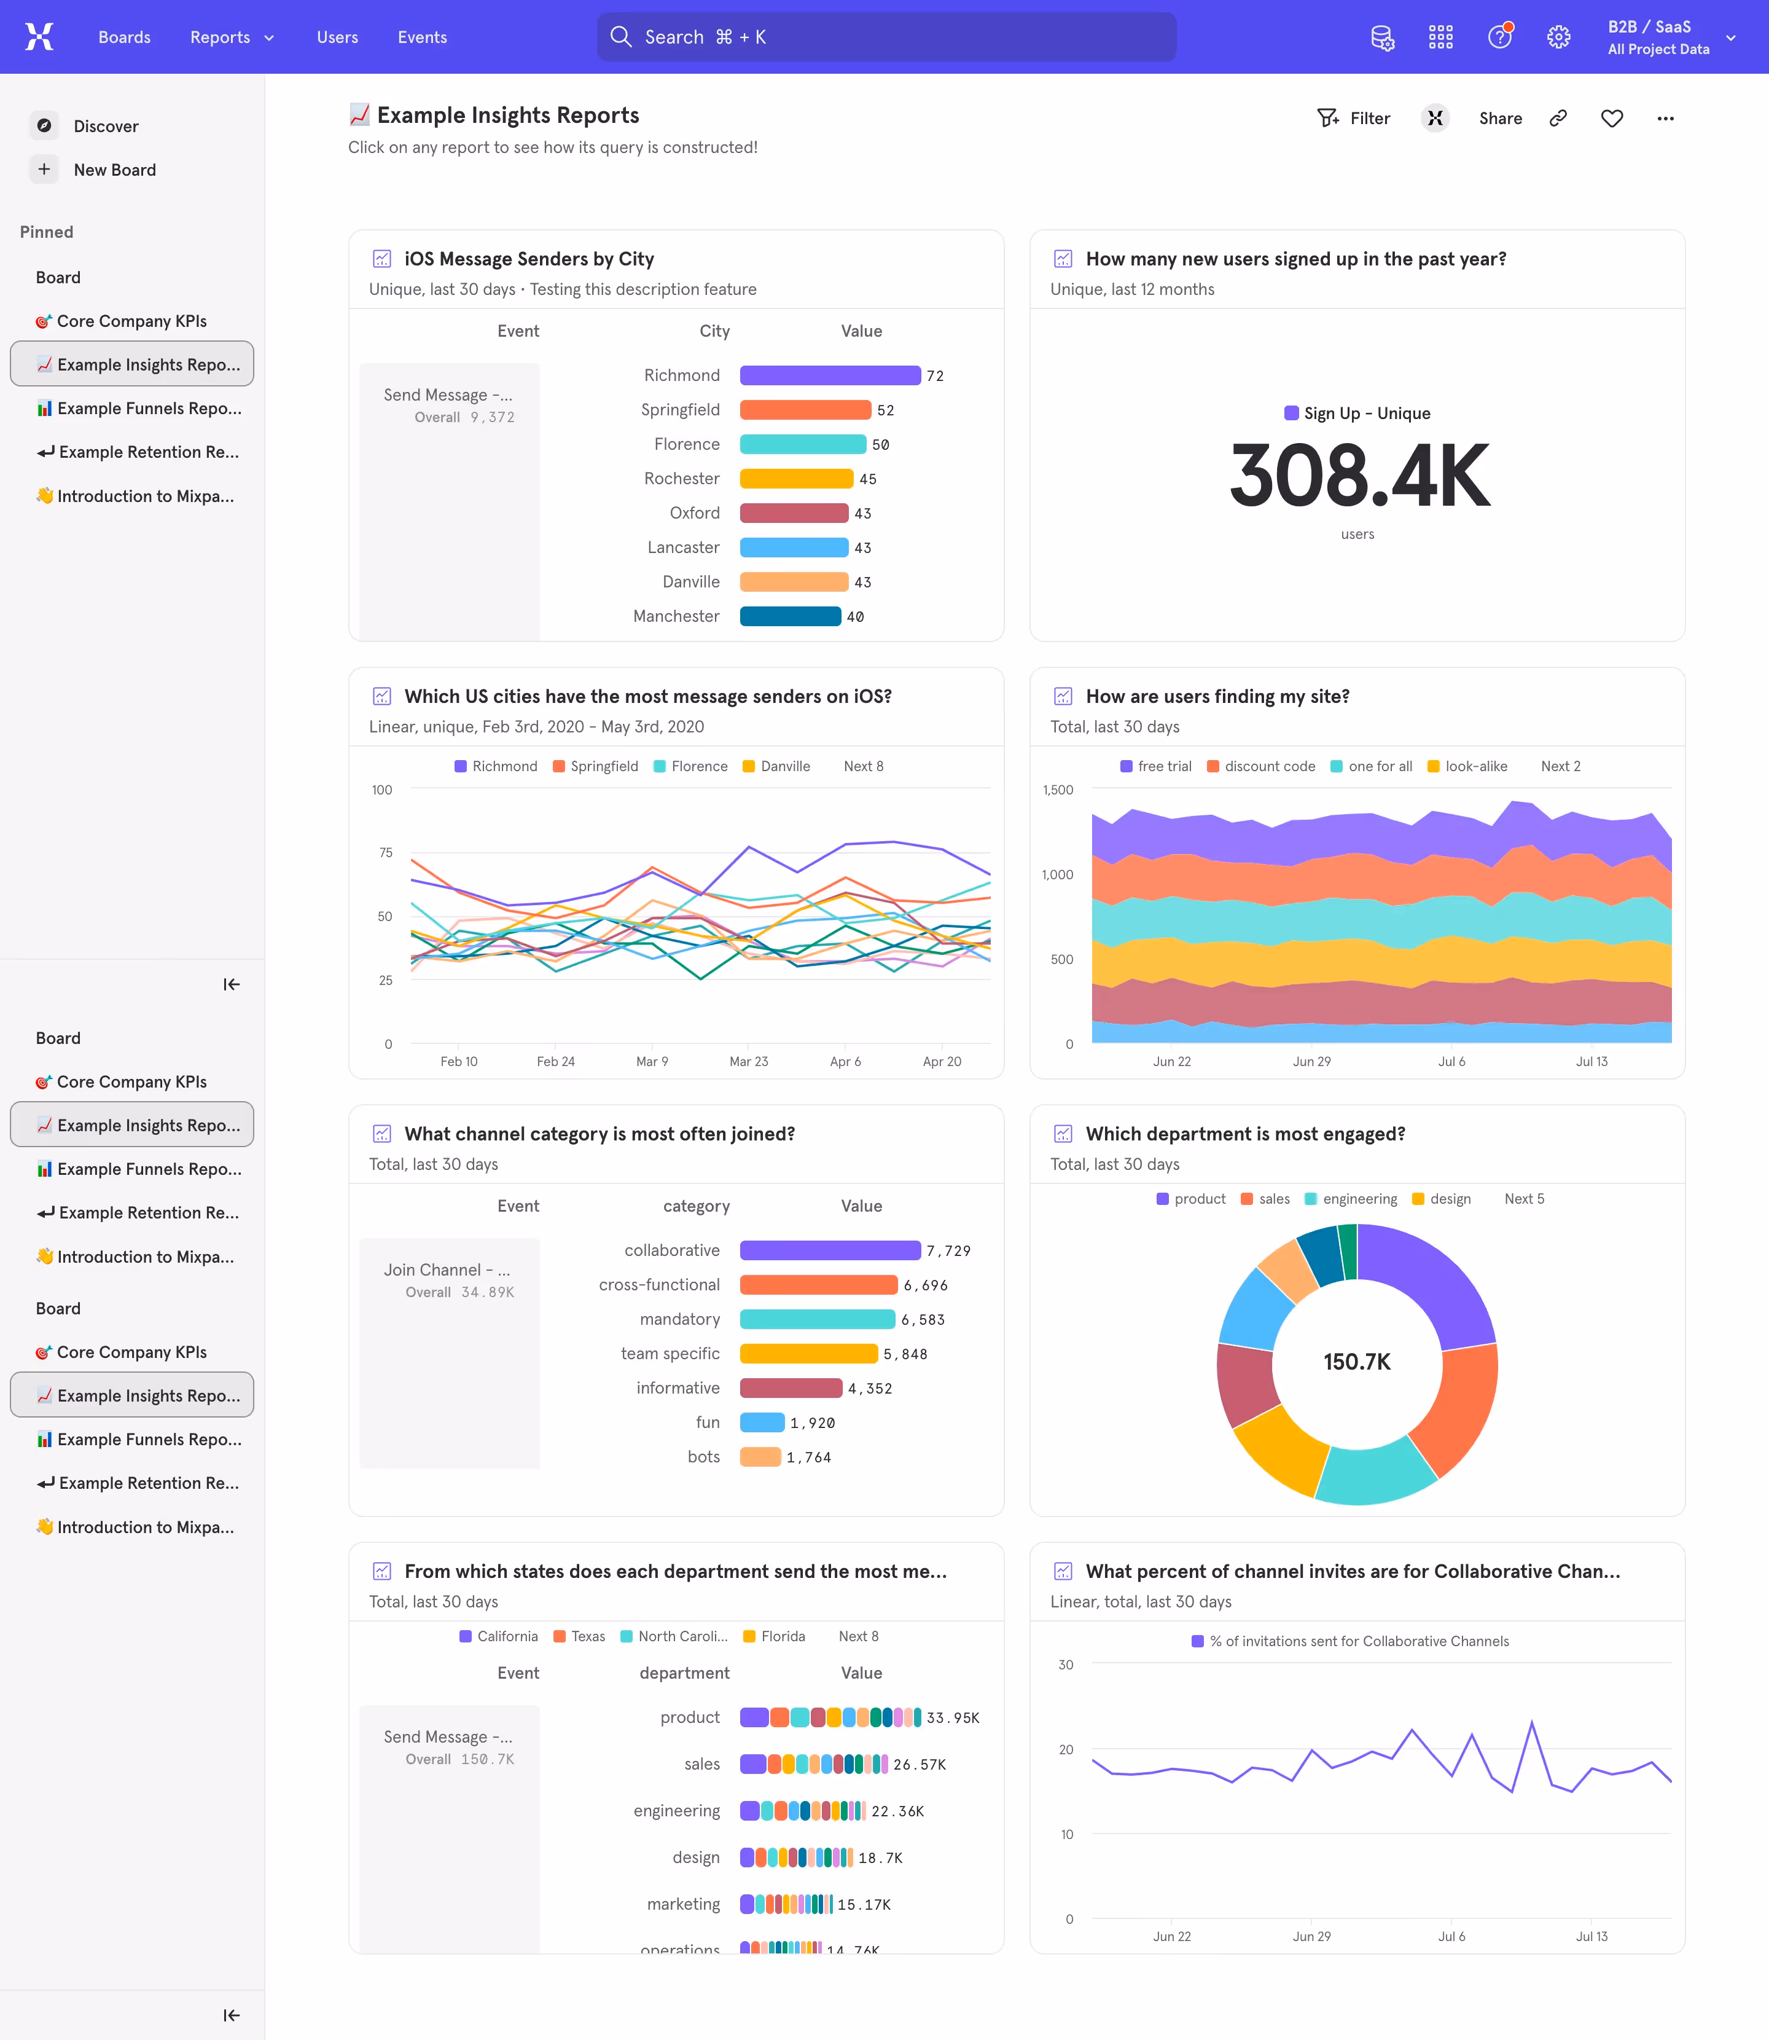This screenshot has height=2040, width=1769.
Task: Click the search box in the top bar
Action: [x=886, y=36]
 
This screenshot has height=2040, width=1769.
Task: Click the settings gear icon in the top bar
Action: [x=1558, y=36]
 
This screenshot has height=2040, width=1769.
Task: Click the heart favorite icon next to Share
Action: [x=1611, y=119]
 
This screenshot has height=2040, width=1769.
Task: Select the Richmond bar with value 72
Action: [x=829, y=375]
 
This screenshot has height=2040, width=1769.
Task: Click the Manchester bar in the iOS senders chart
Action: [x=790, y=616]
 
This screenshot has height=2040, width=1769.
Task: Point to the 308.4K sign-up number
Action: [x=1358, y=476]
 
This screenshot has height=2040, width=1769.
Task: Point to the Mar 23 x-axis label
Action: [x=748, y=1061]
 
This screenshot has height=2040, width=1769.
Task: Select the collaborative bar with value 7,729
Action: [x=829, y=1250]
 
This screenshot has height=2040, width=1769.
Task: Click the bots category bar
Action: [x=760, y=1456]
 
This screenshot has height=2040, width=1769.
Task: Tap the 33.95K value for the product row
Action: [x=953, y=1718]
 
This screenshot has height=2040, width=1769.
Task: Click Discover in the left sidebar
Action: [x=106, y=127]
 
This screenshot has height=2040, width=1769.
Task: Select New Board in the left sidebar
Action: [x=114, y=170]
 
